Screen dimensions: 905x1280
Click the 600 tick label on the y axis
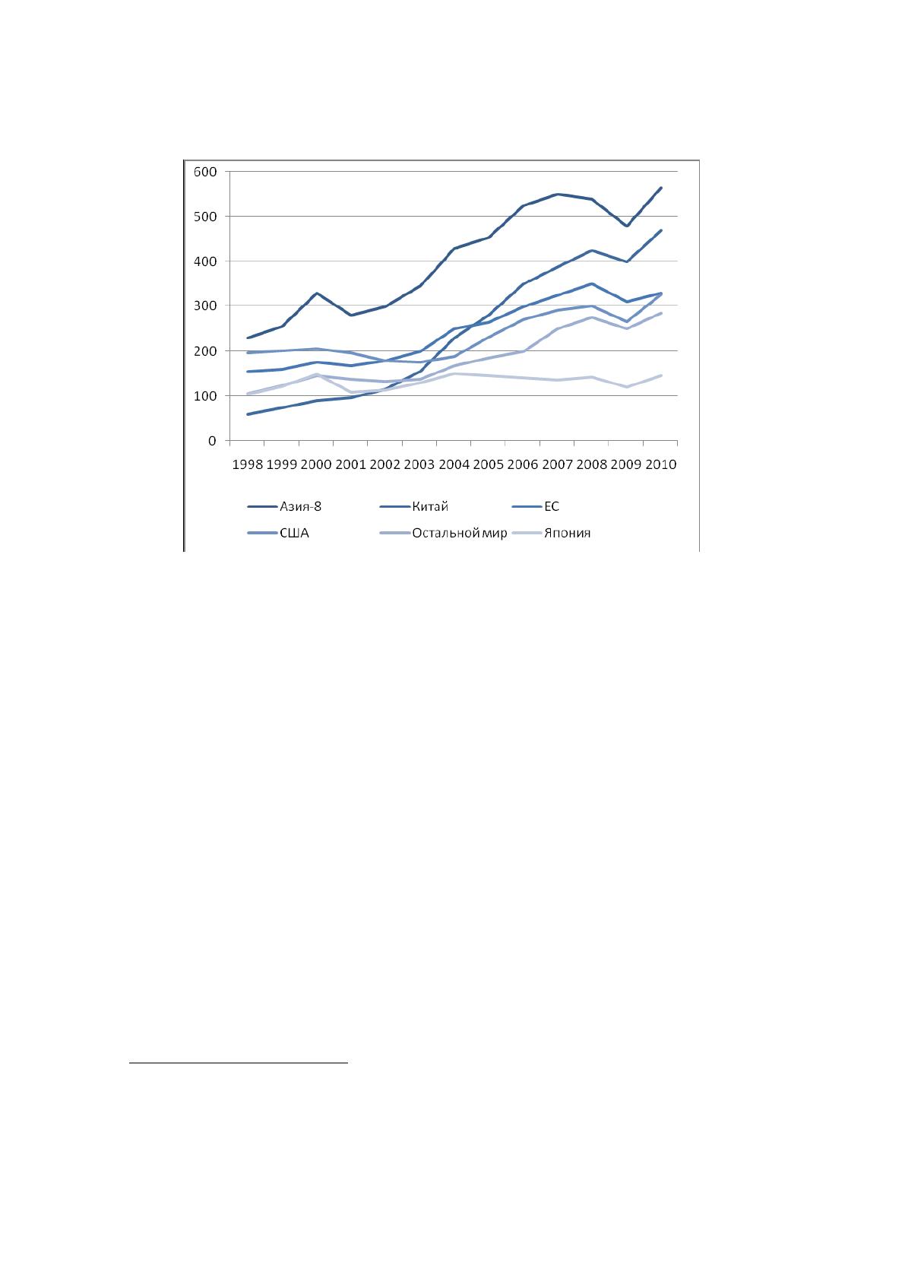click(x=205, y=172)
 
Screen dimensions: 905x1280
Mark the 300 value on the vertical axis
click(x=205, y=306)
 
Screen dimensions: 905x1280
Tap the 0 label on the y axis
click(x=213, y=441)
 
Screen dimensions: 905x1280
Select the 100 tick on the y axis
click(x=205, y=395)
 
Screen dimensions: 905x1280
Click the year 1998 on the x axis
click(x=248, y=464)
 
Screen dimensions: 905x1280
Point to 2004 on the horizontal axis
click(x=454, y=464)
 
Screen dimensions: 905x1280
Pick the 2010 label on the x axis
click(x=661, y=464)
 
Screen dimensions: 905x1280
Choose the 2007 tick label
click(x=558, y=464)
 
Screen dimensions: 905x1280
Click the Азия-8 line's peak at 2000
click(x=317, y=293)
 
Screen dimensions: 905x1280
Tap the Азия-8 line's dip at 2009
click(x=627, y=226)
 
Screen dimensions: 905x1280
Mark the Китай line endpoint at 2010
click(x=661, y=230)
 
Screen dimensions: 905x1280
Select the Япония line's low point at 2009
click(x=627, y=387)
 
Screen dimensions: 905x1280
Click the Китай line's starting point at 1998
click(x=248, y=414)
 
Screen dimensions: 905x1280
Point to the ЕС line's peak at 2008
click(x=592, y=284)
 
